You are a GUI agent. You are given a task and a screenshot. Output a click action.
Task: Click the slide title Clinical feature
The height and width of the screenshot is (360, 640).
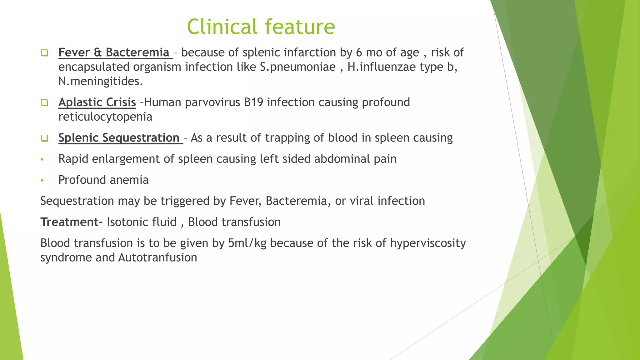click(261, 27)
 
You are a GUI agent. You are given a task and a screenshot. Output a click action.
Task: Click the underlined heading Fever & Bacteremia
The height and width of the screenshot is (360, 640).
click(114, 52)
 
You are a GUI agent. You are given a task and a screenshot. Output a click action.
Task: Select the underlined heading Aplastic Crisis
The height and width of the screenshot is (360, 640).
click(97, 102)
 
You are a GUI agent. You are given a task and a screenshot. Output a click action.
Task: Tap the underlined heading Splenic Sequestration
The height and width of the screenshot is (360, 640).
click(119, 138)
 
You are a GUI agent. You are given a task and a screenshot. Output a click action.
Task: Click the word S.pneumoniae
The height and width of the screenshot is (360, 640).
click(298, 67)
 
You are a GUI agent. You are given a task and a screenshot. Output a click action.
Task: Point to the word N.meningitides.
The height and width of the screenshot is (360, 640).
click(101, 82)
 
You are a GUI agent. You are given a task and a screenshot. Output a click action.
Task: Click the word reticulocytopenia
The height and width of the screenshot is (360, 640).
click(105, 117)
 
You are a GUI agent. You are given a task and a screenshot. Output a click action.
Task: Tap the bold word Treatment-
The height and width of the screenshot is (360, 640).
click(72, 222)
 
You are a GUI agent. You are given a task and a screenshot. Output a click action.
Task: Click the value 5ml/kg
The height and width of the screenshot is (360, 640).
click(247, 243)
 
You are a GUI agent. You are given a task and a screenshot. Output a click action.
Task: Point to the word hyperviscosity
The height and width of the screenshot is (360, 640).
click(428, 243)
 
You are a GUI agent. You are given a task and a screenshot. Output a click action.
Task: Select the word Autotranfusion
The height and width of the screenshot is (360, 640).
click(157, 258)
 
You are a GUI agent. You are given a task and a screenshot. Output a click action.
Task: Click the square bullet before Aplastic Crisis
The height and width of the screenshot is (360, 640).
click(44, 102)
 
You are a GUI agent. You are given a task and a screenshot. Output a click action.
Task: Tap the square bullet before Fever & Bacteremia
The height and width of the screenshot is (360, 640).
click(44, 52)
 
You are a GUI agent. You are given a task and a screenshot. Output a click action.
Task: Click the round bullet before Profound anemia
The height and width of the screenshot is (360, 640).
click(42, 181)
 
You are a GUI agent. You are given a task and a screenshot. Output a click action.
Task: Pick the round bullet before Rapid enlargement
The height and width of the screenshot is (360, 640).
click(42, 160)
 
